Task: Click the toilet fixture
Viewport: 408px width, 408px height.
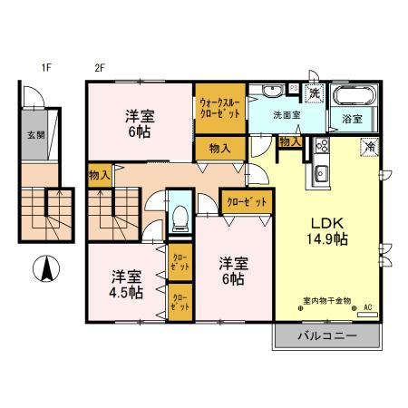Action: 180,215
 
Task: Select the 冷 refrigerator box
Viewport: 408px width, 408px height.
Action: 370,146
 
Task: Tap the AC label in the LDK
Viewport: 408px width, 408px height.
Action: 368,308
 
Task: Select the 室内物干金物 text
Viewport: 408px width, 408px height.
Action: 326,301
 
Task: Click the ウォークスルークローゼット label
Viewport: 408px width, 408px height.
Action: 220,108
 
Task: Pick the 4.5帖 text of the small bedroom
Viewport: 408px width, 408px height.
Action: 126,292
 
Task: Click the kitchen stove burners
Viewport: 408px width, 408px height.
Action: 321,147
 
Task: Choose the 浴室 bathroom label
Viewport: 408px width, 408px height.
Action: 352,119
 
